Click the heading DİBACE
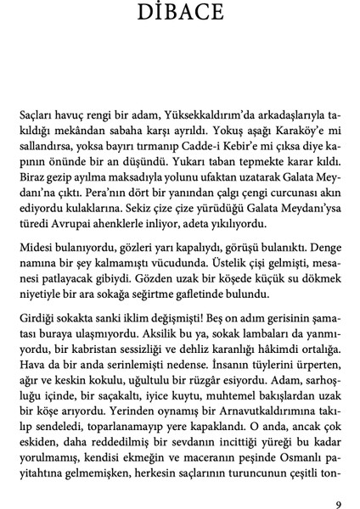click(179, 15)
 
